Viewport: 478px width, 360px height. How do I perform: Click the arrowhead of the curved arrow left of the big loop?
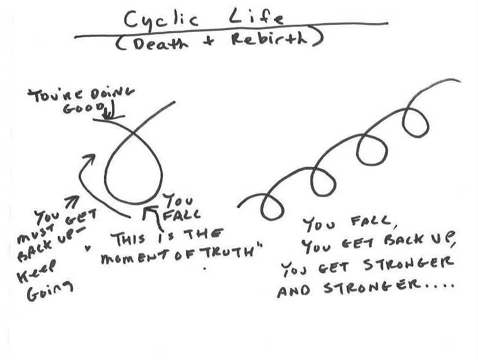[88, 157]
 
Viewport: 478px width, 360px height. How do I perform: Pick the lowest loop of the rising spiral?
[271, 203]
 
